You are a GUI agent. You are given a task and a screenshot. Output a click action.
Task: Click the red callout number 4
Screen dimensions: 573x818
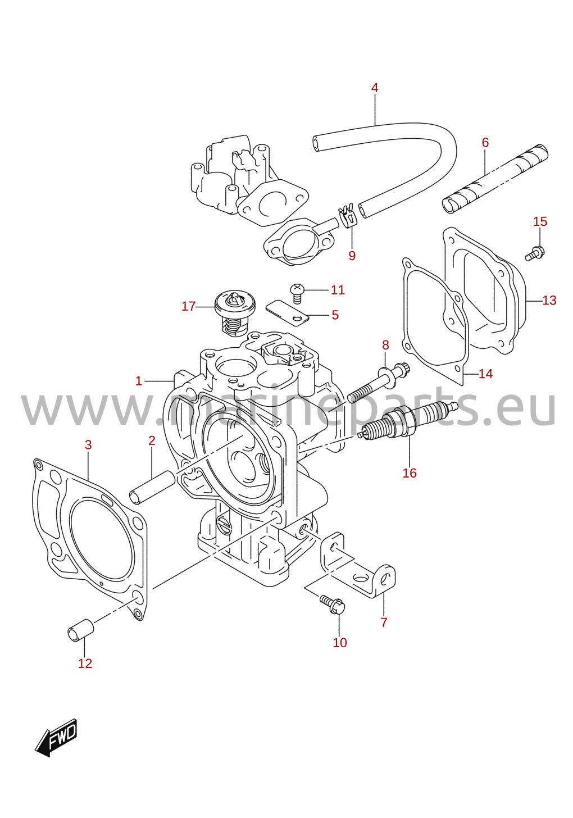374,88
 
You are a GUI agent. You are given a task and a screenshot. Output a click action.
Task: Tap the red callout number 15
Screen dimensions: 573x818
540,222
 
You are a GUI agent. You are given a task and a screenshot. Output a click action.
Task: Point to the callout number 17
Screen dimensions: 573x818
188,306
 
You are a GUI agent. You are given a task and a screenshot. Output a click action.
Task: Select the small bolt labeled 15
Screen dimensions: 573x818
535,253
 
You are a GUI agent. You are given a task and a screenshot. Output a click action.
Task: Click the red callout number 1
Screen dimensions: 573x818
138,381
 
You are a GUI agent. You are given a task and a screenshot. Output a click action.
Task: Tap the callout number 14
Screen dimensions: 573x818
485,374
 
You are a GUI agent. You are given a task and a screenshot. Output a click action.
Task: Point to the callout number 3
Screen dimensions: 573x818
88,445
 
